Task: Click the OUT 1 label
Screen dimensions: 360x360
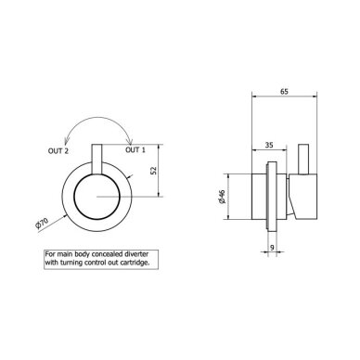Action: pyautogui.click(x=135, y=150)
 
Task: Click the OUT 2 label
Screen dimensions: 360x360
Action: pyautogui.click(x=58, y=151)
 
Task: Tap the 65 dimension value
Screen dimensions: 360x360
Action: pyautogui.click(x=284, y=92)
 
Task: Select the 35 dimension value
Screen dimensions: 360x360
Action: pyautogui.click(x=269, y=145)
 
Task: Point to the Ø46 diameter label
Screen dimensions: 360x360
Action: pyautogui.click(x=222, y=197)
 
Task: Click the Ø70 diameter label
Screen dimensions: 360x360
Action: pyautogui.click(x=42, y=224)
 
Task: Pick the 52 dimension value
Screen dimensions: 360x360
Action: pyautogui.click(x=154, y=171)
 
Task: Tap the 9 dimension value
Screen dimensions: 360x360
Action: pyautogui.click(x=272, y=248)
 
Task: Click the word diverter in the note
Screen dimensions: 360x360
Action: pyautogui.click(x=137, y=254)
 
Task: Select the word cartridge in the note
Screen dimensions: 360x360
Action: pyautogui.click(x=136, y=263)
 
